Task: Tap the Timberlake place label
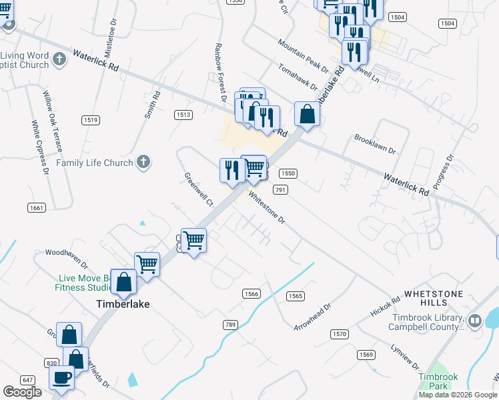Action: [119, 304]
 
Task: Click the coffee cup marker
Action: [62, 377]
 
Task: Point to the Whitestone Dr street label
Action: [266, 208]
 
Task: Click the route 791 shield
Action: [280, 190]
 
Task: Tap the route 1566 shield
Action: [251, 293]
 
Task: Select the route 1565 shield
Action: [296, 296]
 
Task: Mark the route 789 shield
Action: [230, 325]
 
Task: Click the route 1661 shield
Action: [37, 208]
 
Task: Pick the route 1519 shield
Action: [91, 120]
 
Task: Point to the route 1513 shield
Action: [183, 115]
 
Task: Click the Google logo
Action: [22, 392]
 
